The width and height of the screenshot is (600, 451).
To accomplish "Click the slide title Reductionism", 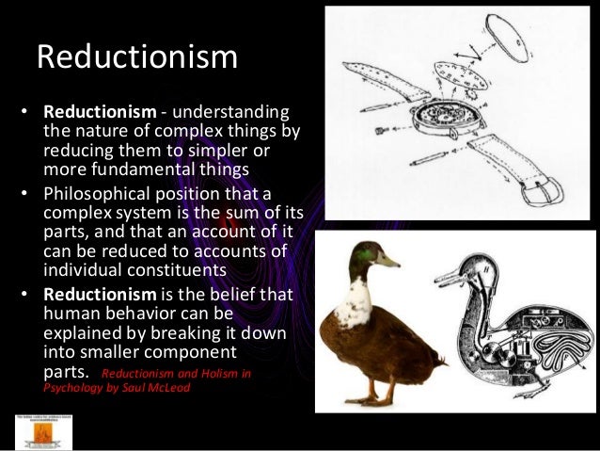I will point(136,57).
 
